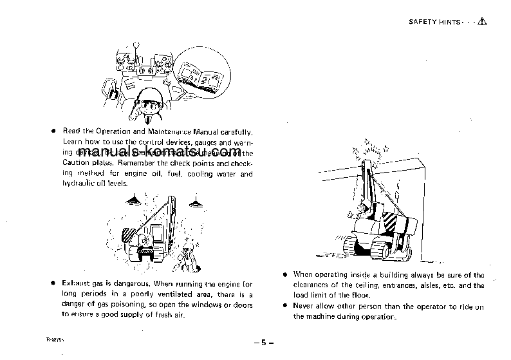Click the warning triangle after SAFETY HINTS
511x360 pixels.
(483, 21)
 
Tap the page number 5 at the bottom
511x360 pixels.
(263, 343)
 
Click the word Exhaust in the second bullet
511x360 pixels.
(77, 284)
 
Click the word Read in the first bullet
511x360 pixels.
(71, 131)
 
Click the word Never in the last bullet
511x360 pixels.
(304, 307)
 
